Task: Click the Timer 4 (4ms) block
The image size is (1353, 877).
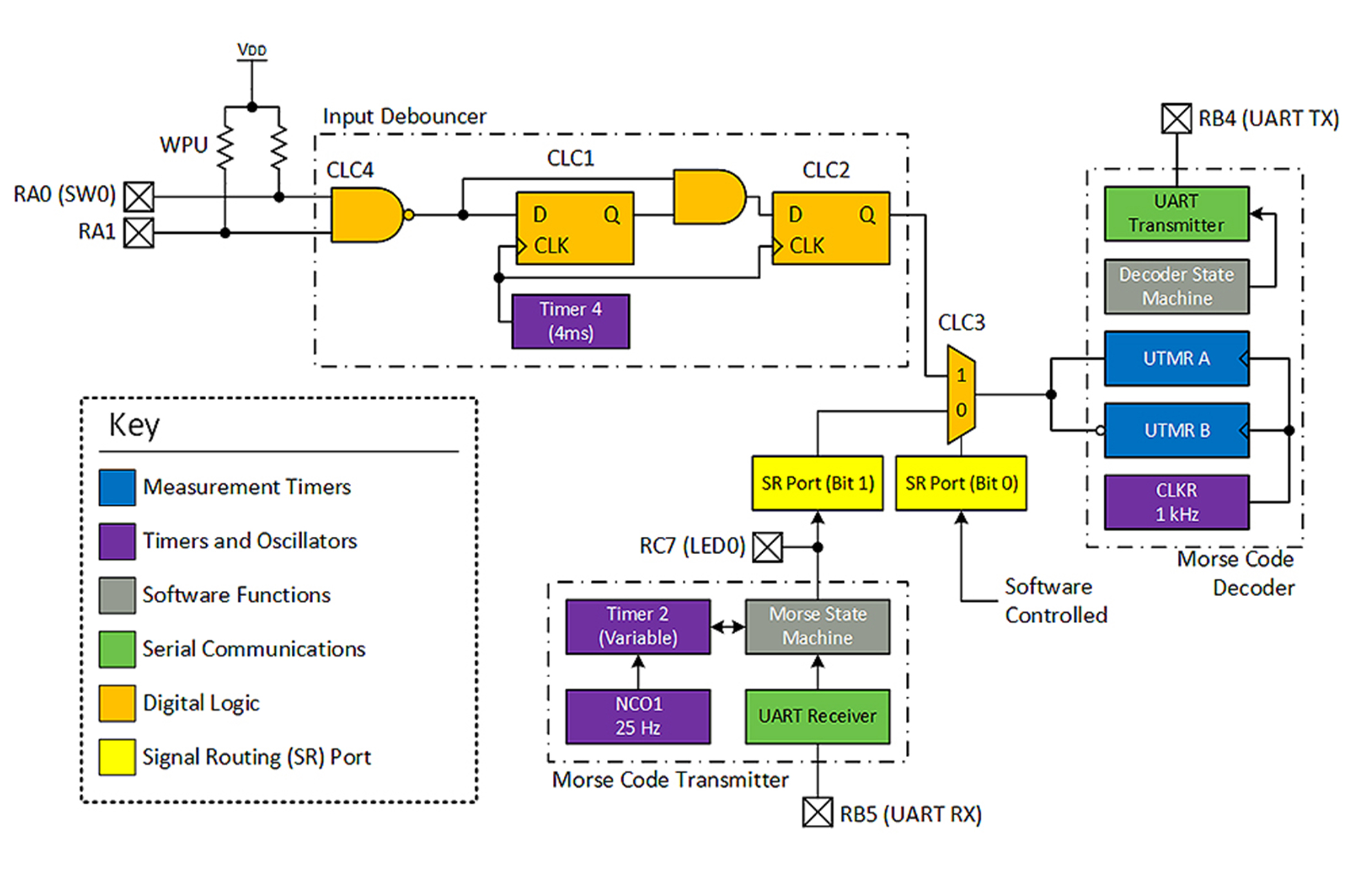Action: [x=570, y=322]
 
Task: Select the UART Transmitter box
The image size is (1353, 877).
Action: [x=1176, y=214]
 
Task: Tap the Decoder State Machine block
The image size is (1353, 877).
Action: [x=1176, y=287]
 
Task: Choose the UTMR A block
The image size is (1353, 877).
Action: [x=1176, y=359]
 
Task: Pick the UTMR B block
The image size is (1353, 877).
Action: [x=1176, y=430]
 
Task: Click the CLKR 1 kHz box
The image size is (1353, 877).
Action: [x=1176, y=503]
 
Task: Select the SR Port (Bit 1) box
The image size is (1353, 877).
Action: [x=817, y=483]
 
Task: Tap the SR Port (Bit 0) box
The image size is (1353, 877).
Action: [x=961, y=483]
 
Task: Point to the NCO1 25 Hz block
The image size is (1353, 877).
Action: [x=638, y=717]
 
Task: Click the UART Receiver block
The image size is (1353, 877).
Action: [x=817, y=717]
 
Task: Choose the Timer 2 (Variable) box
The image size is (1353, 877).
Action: [x=638, y=626]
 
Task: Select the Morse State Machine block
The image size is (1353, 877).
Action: [x=817, y=626]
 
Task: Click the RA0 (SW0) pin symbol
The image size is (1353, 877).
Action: [x=139, y=197]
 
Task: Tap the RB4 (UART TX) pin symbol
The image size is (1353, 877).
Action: [x=1176, y=119]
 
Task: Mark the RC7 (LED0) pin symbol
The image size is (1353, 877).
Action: [x=767, y=547]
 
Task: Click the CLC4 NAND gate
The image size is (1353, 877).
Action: [x=366, y=215]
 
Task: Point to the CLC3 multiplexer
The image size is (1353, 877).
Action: [x=961, y=394]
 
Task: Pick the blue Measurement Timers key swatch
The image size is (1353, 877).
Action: [x=117, y=487]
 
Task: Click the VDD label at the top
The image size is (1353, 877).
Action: [x=251, y=50]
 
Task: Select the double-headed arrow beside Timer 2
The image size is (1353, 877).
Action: [x=728, y=626]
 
